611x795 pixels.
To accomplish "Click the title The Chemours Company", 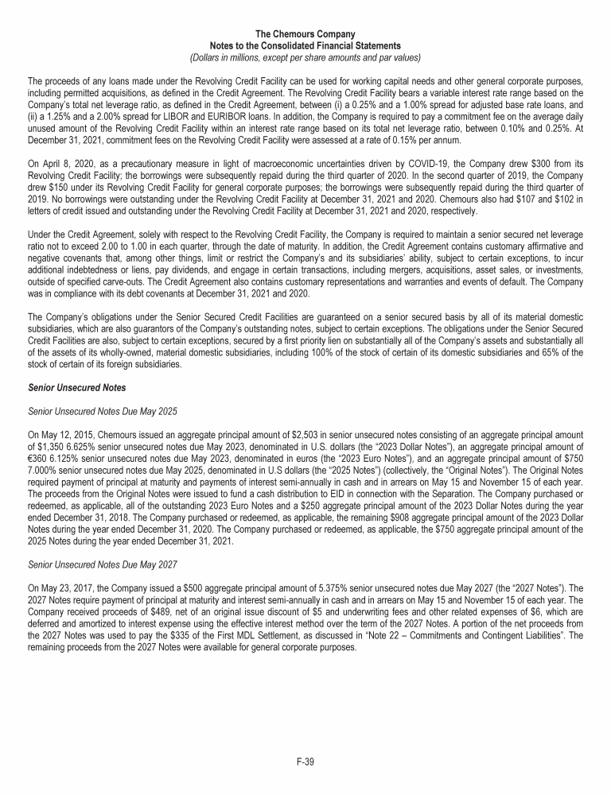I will point(305,33).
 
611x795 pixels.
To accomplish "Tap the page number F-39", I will point(305,762).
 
